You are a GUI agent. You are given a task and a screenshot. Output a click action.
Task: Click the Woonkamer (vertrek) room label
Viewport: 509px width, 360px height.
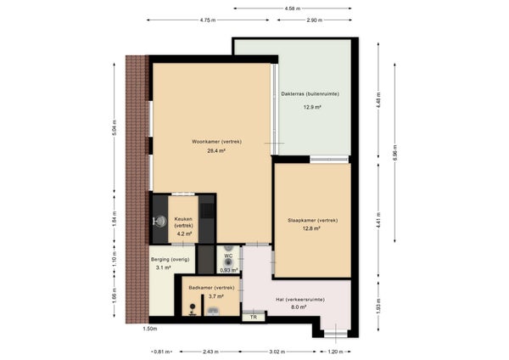pyautogui.click(x=216, y=142)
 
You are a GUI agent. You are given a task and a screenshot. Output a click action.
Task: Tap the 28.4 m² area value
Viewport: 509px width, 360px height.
pyautogui.click(x=216, y=151)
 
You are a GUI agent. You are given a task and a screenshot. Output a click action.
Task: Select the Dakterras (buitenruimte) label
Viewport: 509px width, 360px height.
pyautogui.click(x=310, y=94)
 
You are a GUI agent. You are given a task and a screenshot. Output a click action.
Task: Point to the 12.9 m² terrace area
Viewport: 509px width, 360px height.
pyautogui.click(x=312, y=107)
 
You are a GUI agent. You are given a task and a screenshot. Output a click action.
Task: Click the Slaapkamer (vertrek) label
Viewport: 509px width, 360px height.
pyautogui.click(x=312, y=220)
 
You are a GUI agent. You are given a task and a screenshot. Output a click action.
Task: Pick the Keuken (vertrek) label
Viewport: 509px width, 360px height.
pyautogui.click(x=183, y=222)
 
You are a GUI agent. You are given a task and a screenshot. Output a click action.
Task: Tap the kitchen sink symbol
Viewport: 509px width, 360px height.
pyautogui.click(x=159, y=222)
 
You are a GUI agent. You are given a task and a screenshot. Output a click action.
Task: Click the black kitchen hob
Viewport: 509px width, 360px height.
pyautogui.click(x=208, y=211)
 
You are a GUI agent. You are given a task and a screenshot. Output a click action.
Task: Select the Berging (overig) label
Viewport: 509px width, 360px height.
pyautogui.click(x=171, y=259)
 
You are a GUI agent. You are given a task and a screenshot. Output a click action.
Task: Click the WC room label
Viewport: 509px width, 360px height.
pyautogui.click(x=228, y=256)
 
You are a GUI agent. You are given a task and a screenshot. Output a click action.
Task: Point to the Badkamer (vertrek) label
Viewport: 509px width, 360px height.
pyautogui.click(x=211, y=288)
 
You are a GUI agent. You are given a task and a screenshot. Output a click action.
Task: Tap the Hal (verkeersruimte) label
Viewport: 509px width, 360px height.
pyautogui.click(x=300, y=300)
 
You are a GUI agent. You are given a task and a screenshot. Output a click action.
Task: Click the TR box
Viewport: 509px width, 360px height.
pyautogui.click(x=254, y=317)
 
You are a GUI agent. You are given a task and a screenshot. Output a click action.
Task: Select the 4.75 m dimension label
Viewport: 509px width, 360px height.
pyautogui.click(x=208, y=20)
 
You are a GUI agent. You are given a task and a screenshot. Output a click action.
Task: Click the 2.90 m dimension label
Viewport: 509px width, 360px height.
pyautogui.click(x=314, y=20)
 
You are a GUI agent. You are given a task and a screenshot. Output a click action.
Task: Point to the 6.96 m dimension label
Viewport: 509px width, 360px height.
pyautogui.click(x=394, y=153)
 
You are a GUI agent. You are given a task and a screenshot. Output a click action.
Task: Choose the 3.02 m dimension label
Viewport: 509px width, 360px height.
pyautogui.click(x=277, y=352)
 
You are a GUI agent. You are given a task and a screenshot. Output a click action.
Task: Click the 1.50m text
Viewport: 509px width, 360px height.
pyautogui.click(x=150, y=329)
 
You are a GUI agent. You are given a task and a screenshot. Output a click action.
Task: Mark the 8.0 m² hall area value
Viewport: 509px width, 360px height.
pyautogui.click(x=299, y=307)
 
